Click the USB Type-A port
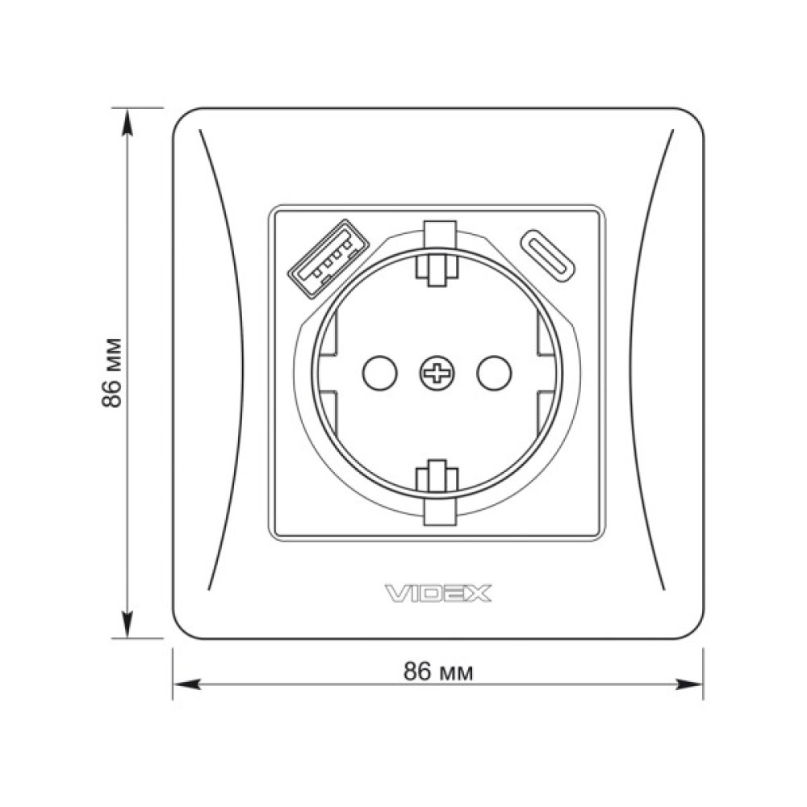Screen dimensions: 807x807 [328, 258]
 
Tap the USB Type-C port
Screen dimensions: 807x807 [548, 256]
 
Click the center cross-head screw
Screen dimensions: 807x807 [437, 373]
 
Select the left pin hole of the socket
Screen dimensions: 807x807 [380, 373]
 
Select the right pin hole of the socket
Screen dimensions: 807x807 [494, 373]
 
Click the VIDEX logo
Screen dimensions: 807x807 [438, 593]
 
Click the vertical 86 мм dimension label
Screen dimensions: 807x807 [111, 373]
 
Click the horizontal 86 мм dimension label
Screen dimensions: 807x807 [438, 672]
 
